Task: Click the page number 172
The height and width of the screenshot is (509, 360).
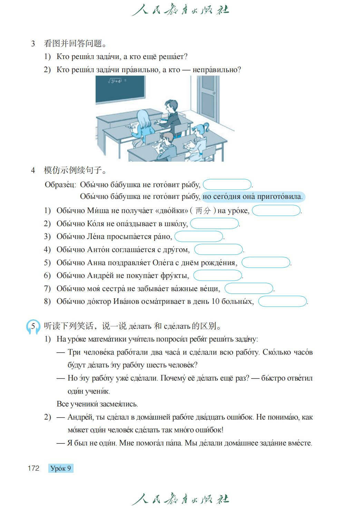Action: [33, 468]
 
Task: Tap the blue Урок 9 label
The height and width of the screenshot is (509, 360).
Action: [61, 468]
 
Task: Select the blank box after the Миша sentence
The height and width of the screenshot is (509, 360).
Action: [276, 210]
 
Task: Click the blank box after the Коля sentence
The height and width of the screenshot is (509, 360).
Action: [214, 223]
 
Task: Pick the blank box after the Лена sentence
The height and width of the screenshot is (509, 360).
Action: [198, 237]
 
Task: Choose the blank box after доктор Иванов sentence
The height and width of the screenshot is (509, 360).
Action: [282, 301]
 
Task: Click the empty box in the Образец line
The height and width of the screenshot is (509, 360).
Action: [227, 184]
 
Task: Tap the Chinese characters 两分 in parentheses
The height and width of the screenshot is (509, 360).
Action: [203, 211]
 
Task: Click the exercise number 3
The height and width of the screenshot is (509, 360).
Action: [33, 44]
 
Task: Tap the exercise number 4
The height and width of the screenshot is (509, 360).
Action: [33, 170]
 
